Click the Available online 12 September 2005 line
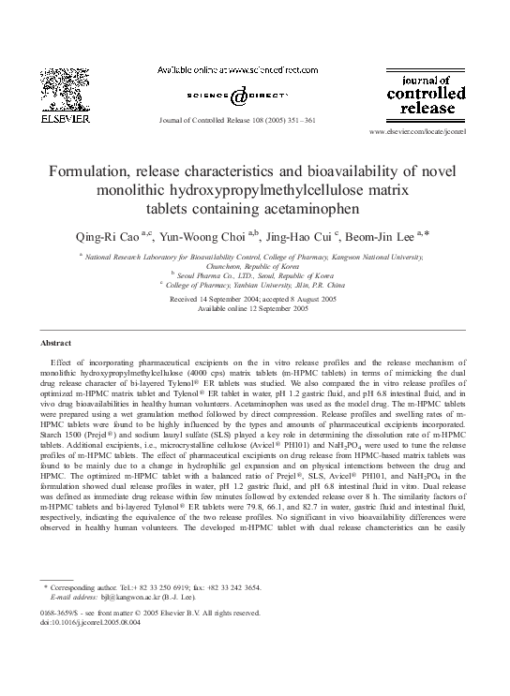[254, 308]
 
